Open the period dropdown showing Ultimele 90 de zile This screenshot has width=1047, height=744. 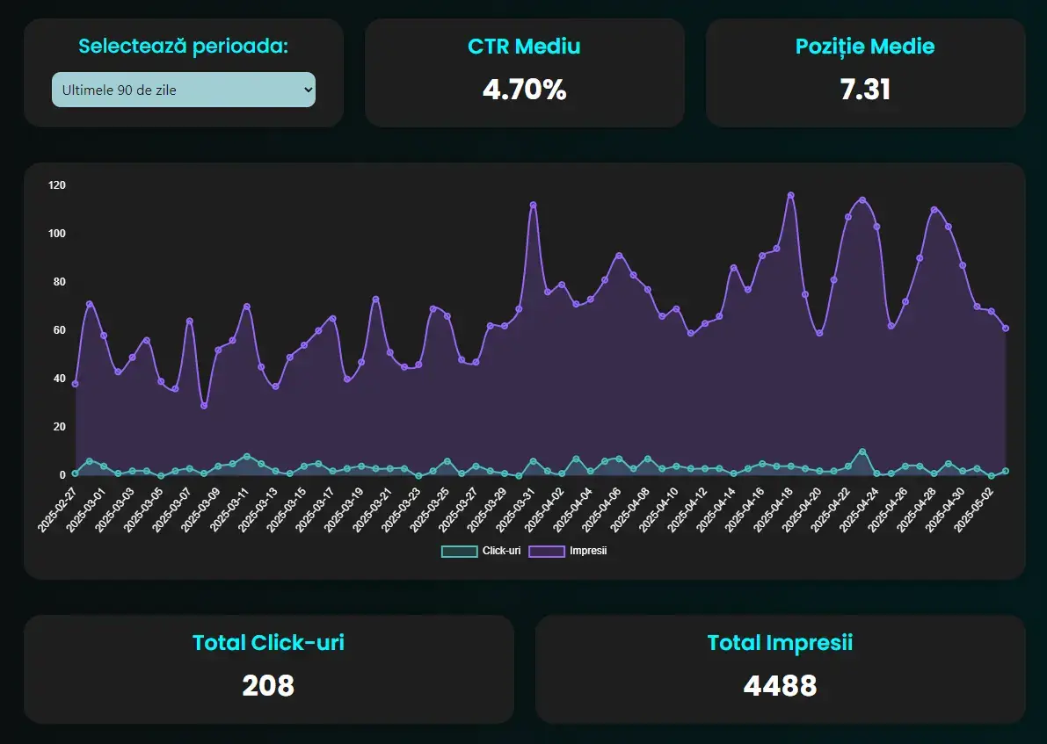[183, 90]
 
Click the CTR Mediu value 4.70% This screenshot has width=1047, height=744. [524, 89]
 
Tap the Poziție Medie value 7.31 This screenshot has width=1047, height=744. [865, 89]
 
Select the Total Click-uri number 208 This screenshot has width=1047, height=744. [268, 685]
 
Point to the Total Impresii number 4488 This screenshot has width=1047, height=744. [780, 685]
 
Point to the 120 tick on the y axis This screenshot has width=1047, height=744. [57, 185]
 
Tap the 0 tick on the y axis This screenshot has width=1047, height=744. [62, 475]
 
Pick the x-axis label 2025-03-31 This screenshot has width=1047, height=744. [517, 508]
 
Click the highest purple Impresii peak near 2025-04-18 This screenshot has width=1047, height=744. [790, 195]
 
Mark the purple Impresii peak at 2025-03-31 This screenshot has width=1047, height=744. [533, 205]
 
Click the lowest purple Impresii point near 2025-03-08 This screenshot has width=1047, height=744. [204, 406]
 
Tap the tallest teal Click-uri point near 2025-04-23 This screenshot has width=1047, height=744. [862, 451]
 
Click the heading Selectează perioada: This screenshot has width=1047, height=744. [183, 46]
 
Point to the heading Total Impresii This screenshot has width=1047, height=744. [780, 642]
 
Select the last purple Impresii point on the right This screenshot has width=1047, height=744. [1005, 329]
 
